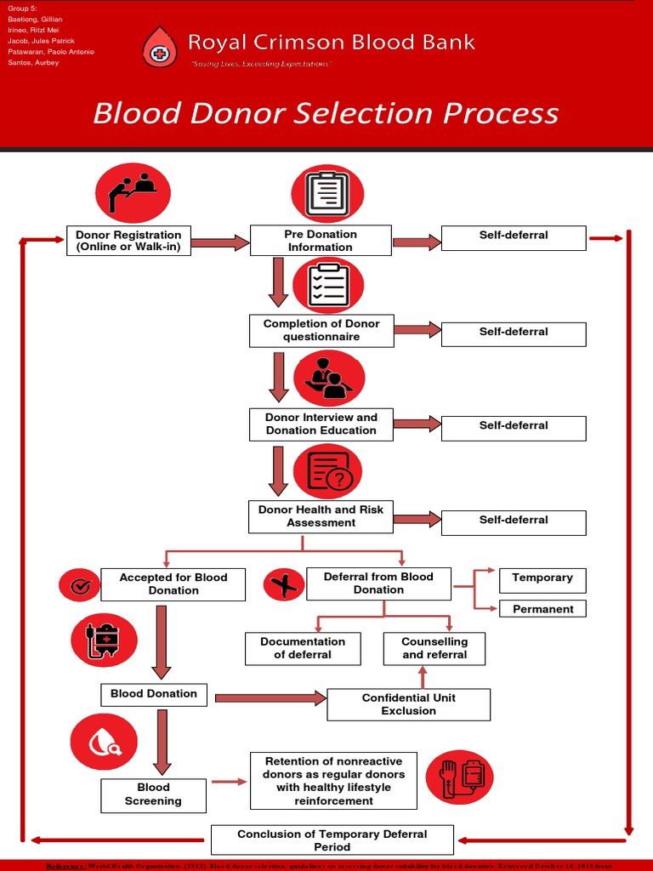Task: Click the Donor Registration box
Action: (128, 241)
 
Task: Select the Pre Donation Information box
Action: (320, 241)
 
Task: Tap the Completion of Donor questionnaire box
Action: (321, 331)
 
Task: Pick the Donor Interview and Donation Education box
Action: (321, 424)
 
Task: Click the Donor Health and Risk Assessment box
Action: (321, 516)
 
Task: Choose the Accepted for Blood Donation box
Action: (173, 584)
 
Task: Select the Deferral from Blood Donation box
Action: (378, 584)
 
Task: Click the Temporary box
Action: (542, 578)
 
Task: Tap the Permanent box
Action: (542, 609)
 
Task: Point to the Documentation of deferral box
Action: (303, 648)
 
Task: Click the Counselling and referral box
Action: (434, 648)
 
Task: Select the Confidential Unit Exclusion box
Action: (408, 704)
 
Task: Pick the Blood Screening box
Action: (153, 794)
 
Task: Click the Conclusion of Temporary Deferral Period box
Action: (332, 840)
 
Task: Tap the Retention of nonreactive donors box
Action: (333, 781)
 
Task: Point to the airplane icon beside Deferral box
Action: (284, 585)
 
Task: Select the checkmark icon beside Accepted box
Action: (80, 585)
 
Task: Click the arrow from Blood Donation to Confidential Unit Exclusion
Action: (270, 698)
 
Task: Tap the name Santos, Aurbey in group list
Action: (34, 63)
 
